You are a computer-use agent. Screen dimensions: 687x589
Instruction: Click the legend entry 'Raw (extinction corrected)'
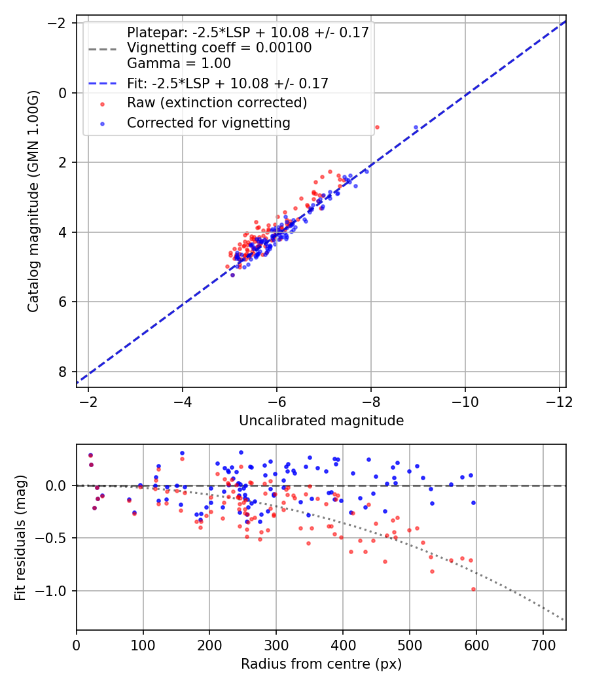coord(217,103)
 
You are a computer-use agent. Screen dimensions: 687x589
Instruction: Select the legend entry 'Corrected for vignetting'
coord(208,122)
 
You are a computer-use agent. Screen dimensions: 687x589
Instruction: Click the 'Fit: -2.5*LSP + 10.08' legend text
coord(227,83)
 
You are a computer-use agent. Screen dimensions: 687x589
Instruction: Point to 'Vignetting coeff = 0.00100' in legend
coord(219,48)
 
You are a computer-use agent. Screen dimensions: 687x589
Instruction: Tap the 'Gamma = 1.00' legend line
coord(179,63)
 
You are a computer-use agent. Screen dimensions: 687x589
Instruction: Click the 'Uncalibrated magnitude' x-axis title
coord(321,420)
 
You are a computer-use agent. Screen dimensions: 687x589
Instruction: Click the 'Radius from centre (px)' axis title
coord(321,664)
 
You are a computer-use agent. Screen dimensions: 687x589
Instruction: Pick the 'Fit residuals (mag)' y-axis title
coord(20,538)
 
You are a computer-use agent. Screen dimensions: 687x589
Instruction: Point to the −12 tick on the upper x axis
coord(558,400)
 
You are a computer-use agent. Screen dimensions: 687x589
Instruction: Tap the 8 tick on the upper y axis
coord(63,372)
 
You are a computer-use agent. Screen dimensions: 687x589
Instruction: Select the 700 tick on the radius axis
coord(543,644)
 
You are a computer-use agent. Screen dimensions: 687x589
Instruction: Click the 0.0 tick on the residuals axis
coord(59,485)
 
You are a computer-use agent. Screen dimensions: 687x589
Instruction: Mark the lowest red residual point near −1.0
coord(473,589)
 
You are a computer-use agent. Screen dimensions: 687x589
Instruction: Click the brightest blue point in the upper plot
coord(416,127)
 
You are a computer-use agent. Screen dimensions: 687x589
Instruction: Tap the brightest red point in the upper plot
coord(376,127)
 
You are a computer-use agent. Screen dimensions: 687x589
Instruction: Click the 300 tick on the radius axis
coord(276,644)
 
